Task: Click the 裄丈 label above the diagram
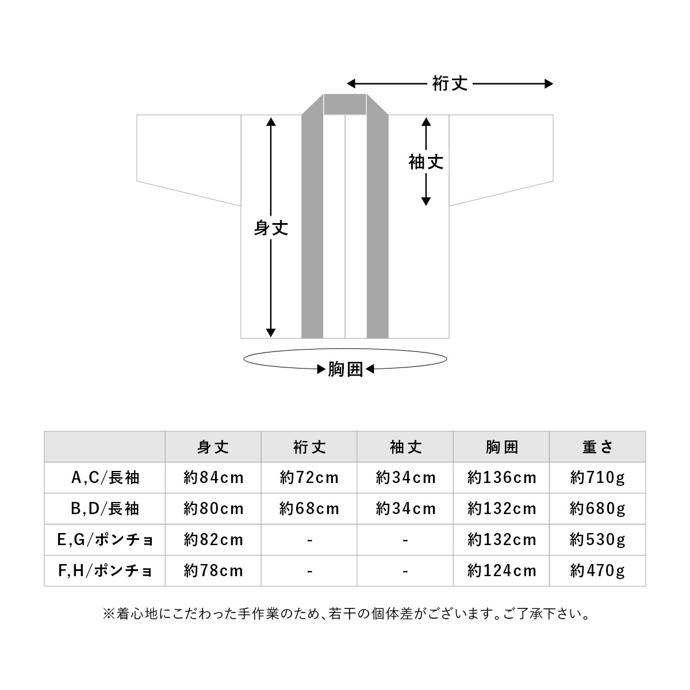tap(450, 84)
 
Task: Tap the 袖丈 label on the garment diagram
tap(426, 162)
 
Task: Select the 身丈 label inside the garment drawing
tap(271, 228)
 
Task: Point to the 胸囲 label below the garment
tap(346, 370)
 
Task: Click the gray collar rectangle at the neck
tap(345, 104)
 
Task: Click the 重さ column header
tap(597, 447)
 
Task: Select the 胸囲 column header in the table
tap(501, 447)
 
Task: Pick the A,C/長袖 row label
tap(105, 478)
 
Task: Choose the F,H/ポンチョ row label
tap(105, 571)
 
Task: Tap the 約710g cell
tap(597, 478)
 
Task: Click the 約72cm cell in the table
tap(309, 478)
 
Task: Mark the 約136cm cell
tap(501, 478)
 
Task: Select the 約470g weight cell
tap(597, 571)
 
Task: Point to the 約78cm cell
tap(213, 571)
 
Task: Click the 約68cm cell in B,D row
tap(309, 509)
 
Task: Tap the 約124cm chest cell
tap(501, 571)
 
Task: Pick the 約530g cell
tap(597, 540)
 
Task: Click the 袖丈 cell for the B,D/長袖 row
tap(405, 509)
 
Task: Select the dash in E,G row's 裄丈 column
tap(310, 540)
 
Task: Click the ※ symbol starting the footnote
tap(108, 614)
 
